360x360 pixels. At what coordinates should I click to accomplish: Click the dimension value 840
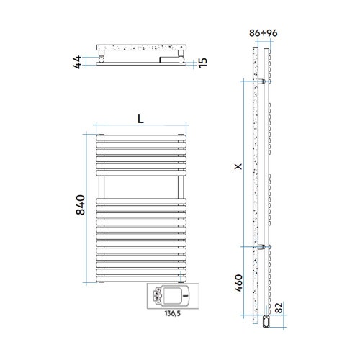[81, 205]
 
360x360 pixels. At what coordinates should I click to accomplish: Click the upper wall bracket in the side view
[264, 83]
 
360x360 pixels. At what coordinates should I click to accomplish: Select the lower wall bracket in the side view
[264, 247]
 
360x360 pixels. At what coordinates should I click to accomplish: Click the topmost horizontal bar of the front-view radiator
[140, 135]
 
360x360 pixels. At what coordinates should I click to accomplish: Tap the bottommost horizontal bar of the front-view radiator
[140, 277]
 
